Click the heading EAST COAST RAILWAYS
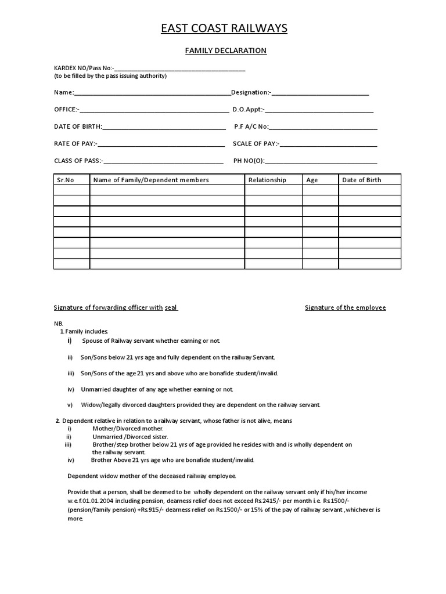pos(224,28)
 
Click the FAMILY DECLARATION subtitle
pos(225,50)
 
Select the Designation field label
pos(251,92)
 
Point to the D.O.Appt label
pos(248,109)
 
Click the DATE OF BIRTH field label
pos(78,126)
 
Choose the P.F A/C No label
pos(251,126)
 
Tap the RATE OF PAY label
pos(75,143)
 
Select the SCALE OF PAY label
pos(256,143)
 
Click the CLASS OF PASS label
pos(78,161)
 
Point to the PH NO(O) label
pos(249,161)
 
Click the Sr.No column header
pos(66,180)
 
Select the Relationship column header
pos(267,180)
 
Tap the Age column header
pos(312,180)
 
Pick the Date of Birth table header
pos(362,180)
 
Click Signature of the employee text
pos(345,307)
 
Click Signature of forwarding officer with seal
pos(116,307)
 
